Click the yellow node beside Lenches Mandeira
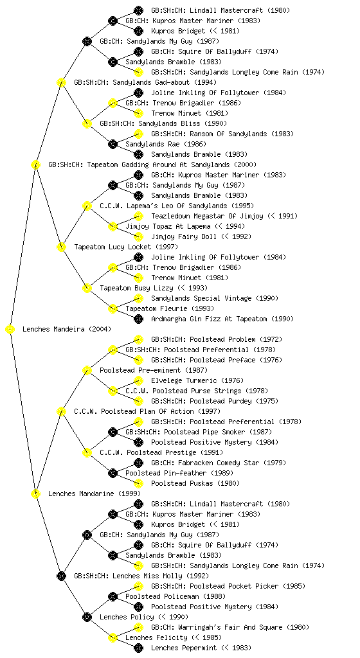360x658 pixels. click(10, 329)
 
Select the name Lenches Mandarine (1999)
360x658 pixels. click(94, 493)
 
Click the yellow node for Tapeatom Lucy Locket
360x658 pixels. click(61, 247)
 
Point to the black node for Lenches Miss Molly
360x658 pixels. click(61, 576)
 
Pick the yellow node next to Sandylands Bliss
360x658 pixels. click(87, 123)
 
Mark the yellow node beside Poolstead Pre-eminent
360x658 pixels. click(87, 370)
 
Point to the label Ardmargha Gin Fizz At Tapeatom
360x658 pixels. click(209, 319)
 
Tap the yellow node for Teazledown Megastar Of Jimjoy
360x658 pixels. click(138, 216)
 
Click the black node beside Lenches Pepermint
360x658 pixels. click(138, 648)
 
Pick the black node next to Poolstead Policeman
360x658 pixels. click(113, 596)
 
